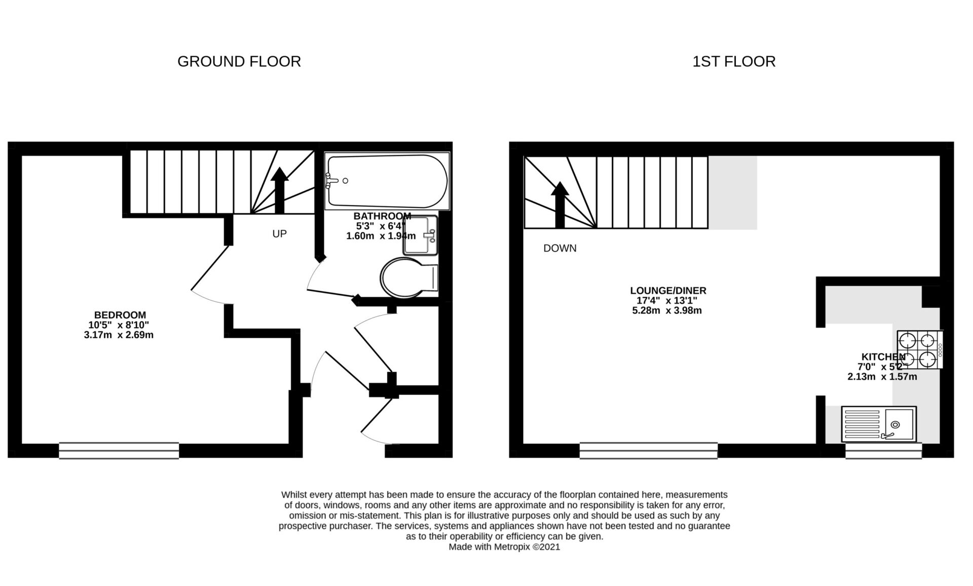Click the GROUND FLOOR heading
[x=239, y=61]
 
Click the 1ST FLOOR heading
[x=733, y=61]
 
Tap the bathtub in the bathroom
[x=387, y=181]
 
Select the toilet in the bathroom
[x=408, y=278]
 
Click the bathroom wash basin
[x=420, y=236]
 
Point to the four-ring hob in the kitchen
[x=920, y=349]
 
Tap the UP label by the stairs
[x=279, y=234]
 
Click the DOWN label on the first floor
[x=559, y=248]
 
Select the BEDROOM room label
[x=120, y=315]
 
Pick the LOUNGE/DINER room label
[x=668, y=291]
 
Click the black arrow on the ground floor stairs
[x=279, y=190]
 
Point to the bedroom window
[x=119, y=450]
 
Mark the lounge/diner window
[x=648, y=450]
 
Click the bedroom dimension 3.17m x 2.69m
[x=119, y=335]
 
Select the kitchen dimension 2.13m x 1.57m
[x=882, y=377]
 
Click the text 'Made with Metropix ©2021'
[x=504, y=547]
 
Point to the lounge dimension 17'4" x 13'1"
[x=667, y=301]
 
